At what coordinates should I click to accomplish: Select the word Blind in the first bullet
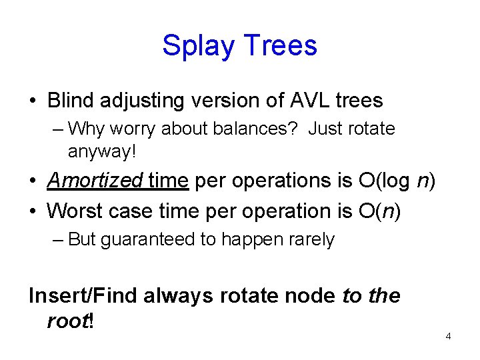coord(72,101)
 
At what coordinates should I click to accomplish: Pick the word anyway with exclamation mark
coord(101,151)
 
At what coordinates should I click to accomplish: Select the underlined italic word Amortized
coord(95,181)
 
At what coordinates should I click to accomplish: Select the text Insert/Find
coord(83,295)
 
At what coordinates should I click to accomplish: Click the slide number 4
coord(448,336)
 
